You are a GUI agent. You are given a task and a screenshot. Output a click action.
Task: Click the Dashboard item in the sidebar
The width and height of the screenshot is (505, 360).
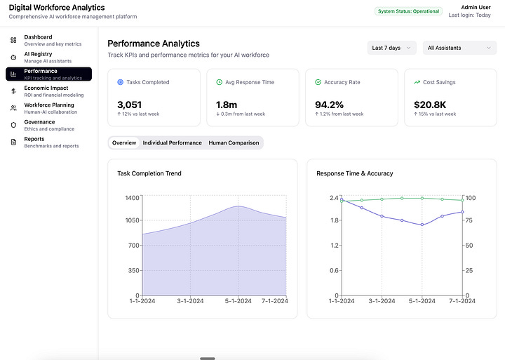(x=48, y=40)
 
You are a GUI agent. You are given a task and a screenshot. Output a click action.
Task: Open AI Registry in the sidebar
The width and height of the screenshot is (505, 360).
(x=48, y=57)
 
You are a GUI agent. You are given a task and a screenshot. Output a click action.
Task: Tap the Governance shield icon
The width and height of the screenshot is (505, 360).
(x=13, y=125)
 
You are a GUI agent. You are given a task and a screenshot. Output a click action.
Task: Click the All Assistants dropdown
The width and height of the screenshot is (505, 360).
(x=459, y=48)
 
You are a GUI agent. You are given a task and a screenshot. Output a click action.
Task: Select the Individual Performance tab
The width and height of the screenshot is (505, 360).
(x=172, y=142)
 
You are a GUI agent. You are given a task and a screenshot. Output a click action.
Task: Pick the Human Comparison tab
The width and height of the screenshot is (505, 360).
(x=234, y=142)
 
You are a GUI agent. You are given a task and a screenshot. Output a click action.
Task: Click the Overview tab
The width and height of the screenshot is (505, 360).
(x=124, y=142)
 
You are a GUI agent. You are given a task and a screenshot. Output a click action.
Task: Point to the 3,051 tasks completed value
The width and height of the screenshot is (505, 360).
(x=130, y=105)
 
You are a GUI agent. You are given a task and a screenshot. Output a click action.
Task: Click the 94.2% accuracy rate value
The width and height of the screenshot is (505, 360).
(x=330, y=105)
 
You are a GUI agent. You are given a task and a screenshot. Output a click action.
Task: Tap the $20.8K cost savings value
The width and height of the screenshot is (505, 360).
(x=430, y=105)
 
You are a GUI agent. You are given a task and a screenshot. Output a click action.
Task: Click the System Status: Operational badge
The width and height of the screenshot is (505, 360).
(x=409, y=11)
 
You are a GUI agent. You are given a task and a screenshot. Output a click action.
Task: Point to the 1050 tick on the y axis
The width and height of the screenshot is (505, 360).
(x=132, y=220)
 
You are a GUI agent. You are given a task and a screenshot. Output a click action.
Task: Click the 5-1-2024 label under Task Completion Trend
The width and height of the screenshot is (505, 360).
(x=238, y=301)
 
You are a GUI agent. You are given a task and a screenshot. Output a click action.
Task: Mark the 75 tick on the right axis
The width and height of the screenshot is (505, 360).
(x=469, y=220)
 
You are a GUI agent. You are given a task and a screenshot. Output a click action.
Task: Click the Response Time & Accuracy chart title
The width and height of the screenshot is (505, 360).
(x=354, y=173)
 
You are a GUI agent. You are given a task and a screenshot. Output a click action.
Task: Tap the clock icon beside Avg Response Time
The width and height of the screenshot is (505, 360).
(x=220, y=82)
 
